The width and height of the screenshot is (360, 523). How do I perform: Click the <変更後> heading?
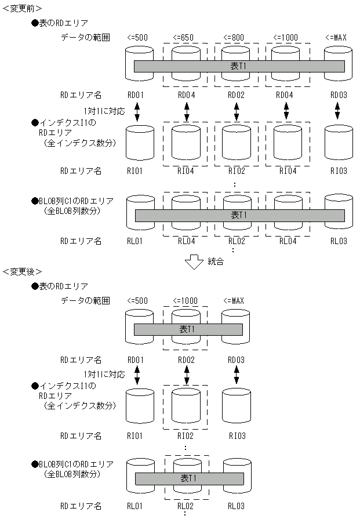pyautogui.click(x=21, y=271)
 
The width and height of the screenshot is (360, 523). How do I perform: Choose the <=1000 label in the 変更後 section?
pyautogui.click(x=187, y=301)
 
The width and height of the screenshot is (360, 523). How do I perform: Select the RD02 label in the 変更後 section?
pyautogui.click(x=187, y=359)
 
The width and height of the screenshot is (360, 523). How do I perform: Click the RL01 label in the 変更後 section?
pyautogui.click(x=135, y=506)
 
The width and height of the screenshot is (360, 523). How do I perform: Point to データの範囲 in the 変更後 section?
pyautogui.click(x=85, y=301)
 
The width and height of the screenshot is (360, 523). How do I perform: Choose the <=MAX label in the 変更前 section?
pyautogui.click(x=336, y=38)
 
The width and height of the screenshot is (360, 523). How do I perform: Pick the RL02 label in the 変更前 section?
pyautogui.click(x=237, y=241)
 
